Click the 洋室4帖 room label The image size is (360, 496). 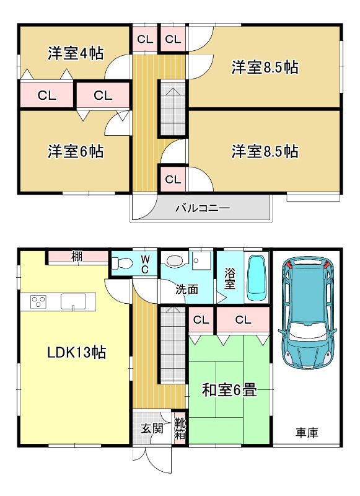click(76, 53)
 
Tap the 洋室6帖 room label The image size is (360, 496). click(76, 151)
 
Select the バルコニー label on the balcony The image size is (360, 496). click(203, 208)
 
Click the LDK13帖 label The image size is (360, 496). click(76, 352)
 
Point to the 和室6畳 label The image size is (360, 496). click(229, 390)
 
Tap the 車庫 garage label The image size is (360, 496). click(307, 432)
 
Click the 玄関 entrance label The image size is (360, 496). click(152, 428)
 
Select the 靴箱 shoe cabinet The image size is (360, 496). click(180, 428)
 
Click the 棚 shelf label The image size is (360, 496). click(77, 256)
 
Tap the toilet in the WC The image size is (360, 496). click(122, 262)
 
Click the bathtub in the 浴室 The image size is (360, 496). click(257, 277)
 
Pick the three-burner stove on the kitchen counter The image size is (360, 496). click(38, 301)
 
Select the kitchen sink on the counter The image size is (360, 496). click(73, 301)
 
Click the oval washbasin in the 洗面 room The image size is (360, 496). click(173, 260)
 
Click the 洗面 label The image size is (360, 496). click(187, 290)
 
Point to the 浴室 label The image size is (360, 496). click(230, 278)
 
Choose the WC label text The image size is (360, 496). click(145, 265)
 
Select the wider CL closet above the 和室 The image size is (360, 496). click(243, 319)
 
